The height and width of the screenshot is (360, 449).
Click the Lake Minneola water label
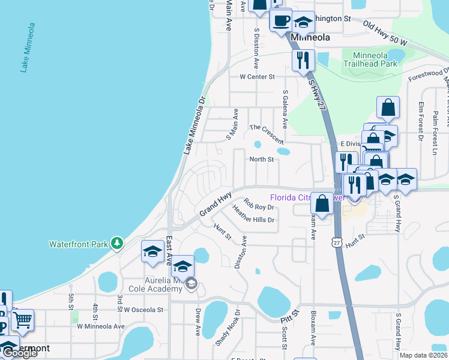point(29,49)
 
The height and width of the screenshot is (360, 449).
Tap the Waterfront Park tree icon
point(118,243)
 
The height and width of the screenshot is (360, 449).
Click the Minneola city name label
point(310,37)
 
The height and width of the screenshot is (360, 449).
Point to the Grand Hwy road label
point(215,205)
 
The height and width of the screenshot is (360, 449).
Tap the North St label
point(262,160)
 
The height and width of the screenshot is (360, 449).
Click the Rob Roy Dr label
point(259,205)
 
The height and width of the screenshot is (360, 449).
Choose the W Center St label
point(257,77)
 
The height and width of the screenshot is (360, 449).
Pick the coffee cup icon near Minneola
point(280,21)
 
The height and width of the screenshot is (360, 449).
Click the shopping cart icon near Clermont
point(22,320)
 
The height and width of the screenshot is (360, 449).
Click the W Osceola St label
point(144,310)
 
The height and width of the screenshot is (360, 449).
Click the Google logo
point(19,353)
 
